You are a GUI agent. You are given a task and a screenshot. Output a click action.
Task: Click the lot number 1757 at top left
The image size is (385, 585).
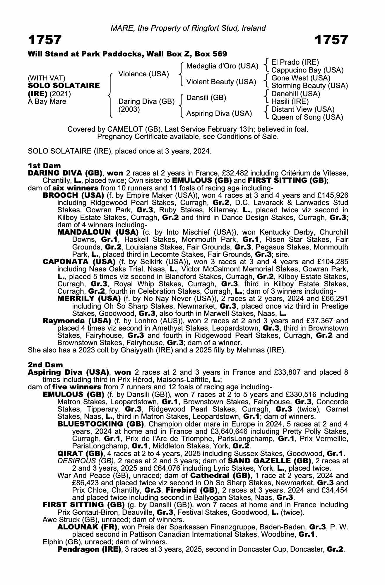(x=45, y=40)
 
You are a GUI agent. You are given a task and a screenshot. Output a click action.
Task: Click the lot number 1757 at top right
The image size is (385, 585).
(x=331, y=40)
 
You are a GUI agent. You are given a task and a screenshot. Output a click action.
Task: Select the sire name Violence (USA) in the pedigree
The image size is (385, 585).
(x=143, y=74)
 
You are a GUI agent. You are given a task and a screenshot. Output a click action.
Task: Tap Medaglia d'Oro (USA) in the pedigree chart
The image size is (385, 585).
(x=222, y=66)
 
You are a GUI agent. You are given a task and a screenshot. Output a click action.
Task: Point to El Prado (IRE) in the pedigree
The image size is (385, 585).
(x=295, y=62)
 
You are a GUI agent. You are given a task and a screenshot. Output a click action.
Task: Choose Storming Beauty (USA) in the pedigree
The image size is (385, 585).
(x=310, y=86)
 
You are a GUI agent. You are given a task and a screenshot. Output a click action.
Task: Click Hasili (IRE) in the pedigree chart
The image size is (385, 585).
(x=290, y=101)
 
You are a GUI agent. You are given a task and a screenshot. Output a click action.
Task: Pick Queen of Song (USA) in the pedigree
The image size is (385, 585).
(x=307, y=117)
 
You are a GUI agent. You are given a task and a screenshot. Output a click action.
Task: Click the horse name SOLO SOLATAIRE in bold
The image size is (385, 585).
(x=64, y=86)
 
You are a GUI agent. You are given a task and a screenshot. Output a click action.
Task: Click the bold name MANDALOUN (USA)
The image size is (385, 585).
(x=98, y=232)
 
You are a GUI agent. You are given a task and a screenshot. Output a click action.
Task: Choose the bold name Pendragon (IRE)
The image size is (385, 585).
(x=89, y=549)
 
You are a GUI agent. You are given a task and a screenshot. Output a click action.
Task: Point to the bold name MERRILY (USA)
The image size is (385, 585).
(x=89, y=299)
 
